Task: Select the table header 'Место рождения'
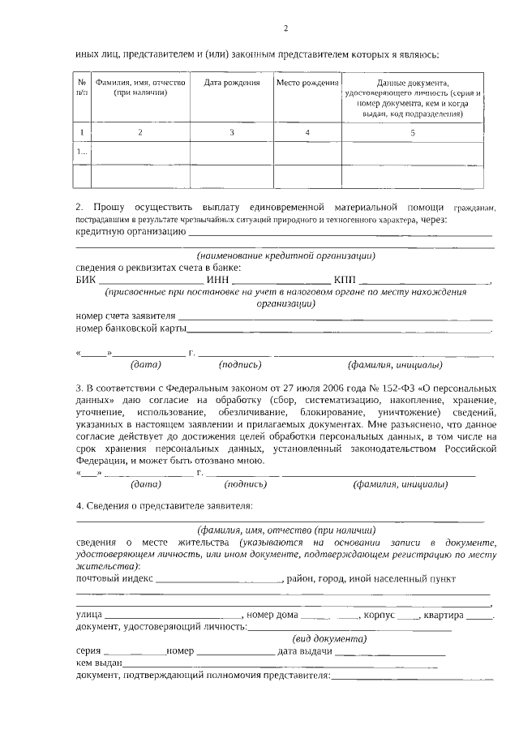(x=307, y=83)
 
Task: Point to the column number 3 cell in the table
(x=231, y=131)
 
